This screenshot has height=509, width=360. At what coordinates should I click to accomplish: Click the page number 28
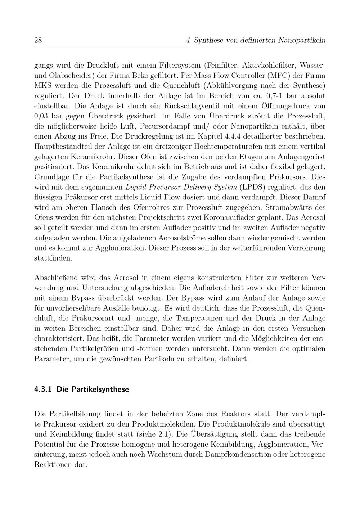click(38, 40)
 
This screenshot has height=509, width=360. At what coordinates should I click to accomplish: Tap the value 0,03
click(42, 116)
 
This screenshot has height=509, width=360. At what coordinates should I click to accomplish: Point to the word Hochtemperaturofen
click(229, 147)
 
